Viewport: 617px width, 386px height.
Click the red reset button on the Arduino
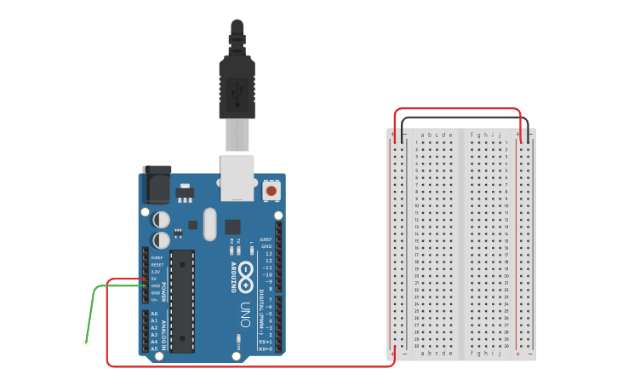[x=271, y=191]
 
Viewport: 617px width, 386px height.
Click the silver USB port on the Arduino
[x=237, y=177]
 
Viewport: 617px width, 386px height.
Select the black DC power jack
[x=157, y=183]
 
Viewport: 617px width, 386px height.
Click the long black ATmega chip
[x=182, y=301]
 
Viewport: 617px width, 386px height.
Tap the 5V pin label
[x=154, y=278]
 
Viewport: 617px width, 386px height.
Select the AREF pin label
[x=266, y=240]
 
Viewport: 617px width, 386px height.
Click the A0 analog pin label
[x=154, y=314]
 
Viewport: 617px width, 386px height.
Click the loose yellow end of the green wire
[x=86, y=343]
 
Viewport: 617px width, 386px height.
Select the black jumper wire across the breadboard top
[x=464, y=118]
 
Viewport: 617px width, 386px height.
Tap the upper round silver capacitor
[x=161, y=220]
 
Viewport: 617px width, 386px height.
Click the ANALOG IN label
[x=164, y=332]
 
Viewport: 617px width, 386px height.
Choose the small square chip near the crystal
[x=232, y=227]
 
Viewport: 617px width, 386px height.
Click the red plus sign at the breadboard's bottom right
[x=517, y=354]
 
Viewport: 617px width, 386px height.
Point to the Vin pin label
[x=154, y=299]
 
